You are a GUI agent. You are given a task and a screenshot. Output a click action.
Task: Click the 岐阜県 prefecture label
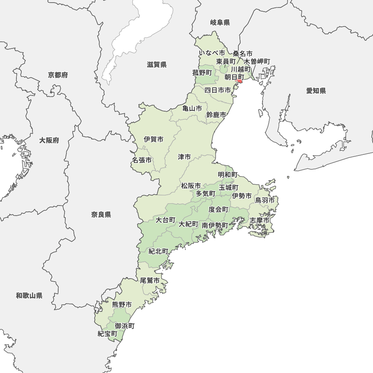pos(220,23)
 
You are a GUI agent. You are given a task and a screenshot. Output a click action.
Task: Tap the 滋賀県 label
pos(157,65)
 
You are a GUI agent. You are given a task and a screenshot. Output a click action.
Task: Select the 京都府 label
pos(58,75)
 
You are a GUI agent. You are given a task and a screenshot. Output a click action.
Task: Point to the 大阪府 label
pos(49,141)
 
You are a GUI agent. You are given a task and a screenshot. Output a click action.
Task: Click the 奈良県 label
pos(101,214)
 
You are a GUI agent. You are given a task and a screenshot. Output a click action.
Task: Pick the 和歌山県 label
pos(29,296)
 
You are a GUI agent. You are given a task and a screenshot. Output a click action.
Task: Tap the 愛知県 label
pos(316,91)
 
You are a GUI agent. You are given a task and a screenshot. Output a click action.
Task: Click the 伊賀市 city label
pos(154,140)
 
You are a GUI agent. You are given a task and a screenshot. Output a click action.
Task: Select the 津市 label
pos(184,157)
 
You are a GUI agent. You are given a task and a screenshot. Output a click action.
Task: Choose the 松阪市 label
pos(191,186)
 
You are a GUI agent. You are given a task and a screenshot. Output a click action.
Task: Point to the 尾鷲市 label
pos(150,280)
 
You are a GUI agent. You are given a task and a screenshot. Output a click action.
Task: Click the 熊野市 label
pos(122,305)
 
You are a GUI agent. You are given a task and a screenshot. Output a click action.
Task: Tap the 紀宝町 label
pos(107,334)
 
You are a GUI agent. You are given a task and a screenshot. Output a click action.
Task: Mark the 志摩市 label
pos(260,220)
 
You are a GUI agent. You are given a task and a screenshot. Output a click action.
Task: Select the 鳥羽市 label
pos(265,200)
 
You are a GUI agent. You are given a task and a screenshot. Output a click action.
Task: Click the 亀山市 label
pos(192,109)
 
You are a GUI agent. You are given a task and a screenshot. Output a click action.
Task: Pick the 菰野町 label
pos(202,73)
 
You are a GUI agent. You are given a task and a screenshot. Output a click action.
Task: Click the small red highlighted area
pos(239,81)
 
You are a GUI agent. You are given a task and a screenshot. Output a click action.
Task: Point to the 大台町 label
pos(165,220)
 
